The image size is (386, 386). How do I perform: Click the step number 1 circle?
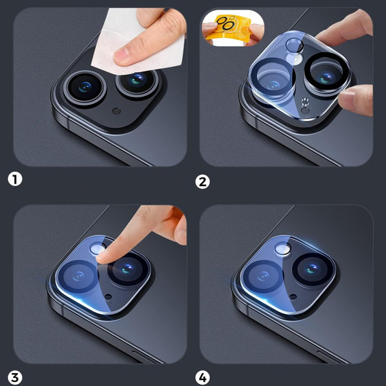click(x=15, y=179)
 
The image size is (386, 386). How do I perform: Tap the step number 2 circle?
click(x=203, y=182)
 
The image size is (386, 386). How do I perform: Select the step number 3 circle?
click(x=15, y=378)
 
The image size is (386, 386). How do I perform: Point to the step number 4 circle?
click(x=203, y=378)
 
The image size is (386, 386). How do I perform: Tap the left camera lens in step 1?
click(x=85, y=87)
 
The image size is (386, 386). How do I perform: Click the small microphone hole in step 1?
click(x=116, y=111)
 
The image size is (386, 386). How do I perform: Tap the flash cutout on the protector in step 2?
click(x=294, y=46)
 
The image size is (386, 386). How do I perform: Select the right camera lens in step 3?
click(x=128, y=269)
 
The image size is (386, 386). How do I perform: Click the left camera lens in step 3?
click(x=78, y=276)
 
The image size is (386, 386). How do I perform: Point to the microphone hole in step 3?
click(x=108, y=297)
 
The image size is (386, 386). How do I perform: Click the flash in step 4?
click(x=283, y=249)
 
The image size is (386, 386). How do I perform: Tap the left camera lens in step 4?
click(x=264, y=276)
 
